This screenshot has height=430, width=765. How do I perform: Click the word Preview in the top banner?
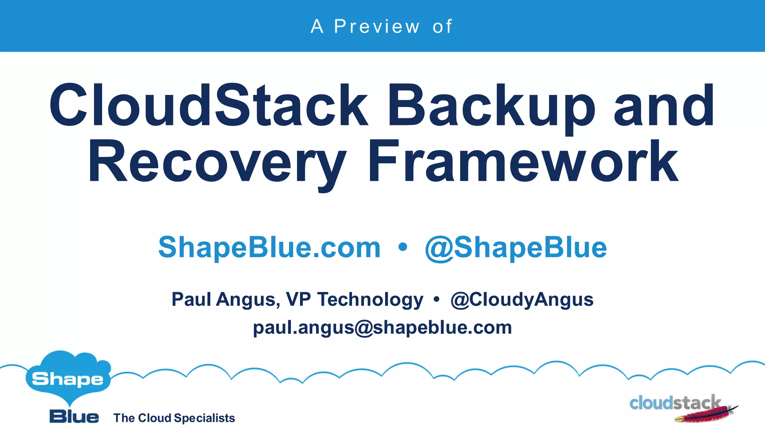(x=377, y=27)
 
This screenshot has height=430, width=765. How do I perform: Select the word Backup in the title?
(x=491, y=106)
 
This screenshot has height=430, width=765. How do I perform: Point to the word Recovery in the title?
(x=217, y=162)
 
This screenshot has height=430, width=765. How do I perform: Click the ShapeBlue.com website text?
(x=269, y=247)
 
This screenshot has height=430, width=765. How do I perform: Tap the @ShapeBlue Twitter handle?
(x=516, y=248)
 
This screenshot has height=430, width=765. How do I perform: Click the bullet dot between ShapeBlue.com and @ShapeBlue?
(x=403, y=247)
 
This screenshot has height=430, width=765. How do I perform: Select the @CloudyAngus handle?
(x=522, y=299)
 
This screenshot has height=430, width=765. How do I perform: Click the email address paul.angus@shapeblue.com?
(x=382, y=328)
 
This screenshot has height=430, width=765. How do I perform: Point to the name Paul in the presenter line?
(x=191, y=299)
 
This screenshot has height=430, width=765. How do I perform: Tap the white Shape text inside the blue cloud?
(x=68, y=380)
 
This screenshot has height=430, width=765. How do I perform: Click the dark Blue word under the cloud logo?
(x=74, y=417)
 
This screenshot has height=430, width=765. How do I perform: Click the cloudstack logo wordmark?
(x=675, y=403)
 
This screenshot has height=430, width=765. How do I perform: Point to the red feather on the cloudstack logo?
(x=706, y=415)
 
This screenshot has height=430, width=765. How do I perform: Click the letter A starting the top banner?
(x=317, y=27)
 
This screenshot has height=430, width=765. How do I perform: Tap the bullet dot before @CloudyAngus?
(x=436, y=299)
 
